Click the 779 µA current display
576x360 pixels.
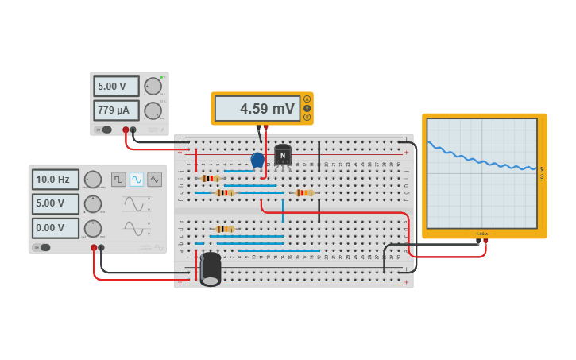coord(116,110)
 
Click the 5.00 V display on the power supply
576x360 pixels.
coord(116,86)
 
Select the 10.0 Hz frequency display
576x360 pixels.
coord(56,180)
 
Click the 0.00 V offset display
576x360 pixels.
coord(56,228)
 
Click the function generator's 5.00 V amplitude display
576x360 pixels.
coord(56,204)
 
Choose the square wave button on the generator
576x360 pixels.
coord(118,180)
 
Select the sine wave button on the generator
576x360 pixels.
coord(137,180)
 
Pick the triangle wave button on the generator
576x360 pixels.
coord(155,180)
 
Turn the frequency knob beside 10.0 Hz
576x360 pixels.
coord(93,180)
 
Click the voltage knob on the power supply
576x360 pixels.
coord(153,86)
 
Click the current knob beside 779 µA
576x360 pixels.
coord(153,110)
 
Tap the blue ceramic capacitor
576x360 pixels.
coord(257,161)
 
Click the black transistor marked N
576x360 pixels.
coord(283,155)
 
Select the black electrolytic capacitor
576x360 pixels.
coord(211,269)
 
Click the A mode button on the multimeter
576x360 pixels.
coord(307,99)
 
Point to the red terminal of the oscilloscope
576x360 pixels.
coord(485,241)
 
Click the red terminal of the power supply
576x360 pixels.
coord(126,130)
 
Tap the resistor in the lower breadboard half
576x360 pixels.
coord(225,229)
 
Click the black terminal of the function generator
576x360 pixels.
coord(101,247)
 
